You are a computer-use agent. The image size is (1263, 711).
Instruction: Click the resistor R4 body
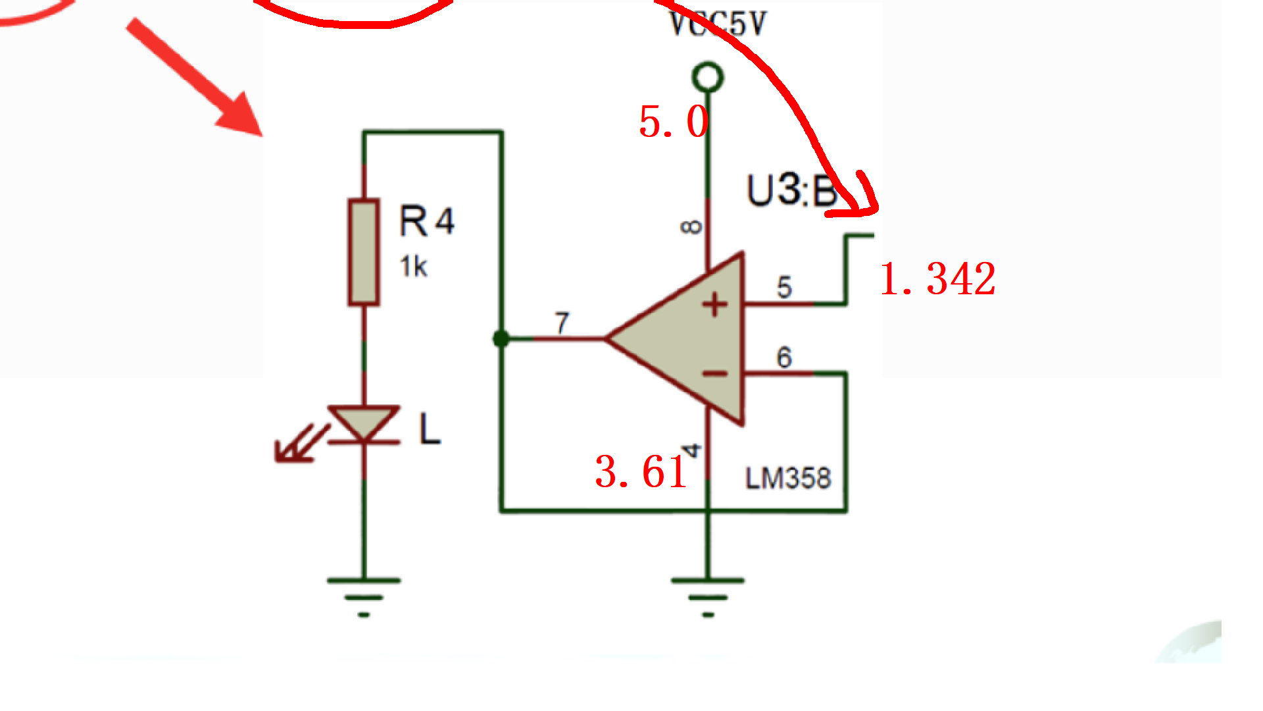coord(364,252)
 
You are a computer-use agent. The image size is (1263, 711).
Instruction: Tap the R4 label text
coord(426,221)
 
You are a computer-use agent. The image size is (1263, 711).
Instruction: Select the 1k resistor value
coord(413,267)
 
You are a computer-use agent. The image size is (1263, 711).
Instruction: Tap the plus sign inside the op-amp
coord(715,305)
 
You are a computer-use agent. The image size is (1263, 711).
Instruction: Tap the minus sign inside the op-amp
coord(715,374)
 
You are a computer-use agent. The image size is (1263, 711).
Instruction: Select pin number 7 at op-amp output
coord(561,323)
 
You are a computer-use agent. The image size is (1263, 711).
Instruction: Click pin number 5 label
coord(784,287)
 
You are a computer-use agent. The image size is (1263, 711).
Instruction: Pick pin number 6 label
coord(783,357)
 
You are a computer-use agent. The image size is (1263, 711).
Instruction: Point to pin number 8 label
coord(691,227)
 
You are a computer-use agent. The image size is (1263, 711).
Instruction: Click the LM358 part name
coord(788,478)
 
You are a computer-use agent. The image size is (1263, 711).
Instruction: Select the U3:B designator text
coord(791,191)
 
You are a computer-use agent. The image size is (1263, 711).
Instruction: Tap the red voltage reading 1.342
coord(937,278)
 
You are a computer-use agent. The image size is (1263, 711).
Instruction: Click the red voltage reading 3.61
coord(641,471)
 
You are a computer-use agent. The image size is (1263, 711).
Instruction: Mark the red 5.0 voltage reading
coord(673,122)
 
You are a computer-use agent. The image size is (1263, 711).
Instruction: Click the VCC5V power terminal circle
coord(708,78)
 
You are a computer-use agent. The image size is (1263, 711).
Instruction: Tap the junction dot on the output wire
coord(501,339)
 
